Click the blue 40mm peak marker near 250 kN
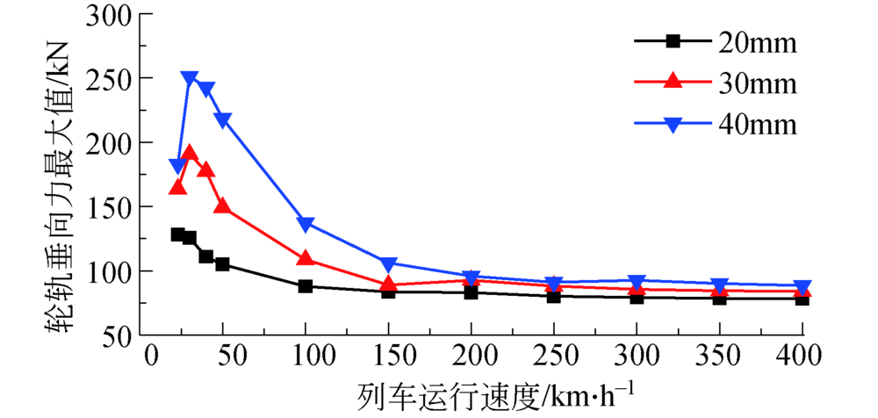tap(190, 79)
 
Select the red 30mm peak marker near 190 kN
tap(190, 154)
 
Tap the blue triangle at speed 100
tap(306, 225)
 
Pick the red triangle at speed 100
tap(306, 258)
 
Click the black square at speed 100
tap(306, 286)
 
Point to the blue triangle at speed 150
tap(389, 264)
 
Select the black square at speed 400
tap(802, 299)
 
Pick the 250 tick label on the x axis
tap(554, 356)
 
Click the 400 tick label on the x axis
tap(802, 356)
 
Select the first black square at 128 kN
tap(178, 234)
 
